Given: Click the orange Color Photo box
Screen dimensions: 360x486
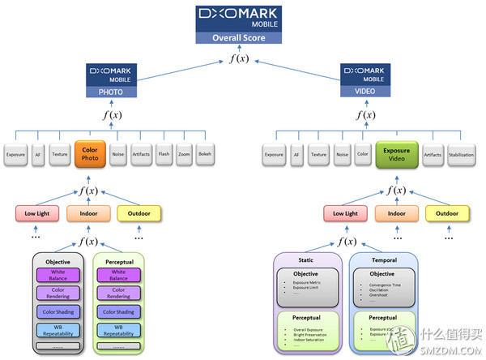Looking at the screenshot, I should tap(90, 153).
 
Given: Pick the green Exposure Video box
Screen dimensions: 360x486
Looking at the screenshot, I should tap(396, 154).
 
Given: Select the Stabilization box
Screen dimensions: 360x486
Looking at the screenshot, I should tap(460, 154).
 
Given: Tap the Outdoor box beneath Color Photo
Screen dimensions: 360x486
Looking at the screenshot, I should tap(139, 214).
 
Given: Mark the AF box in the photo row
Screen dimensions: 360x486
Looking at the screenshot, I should tap(38, 154).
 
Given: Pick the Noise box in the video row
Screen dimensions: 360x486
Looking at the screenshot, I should tap(342, 154).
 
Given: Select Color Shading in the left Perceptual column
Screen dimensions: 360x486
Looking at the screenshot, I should tap(118, 312).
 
